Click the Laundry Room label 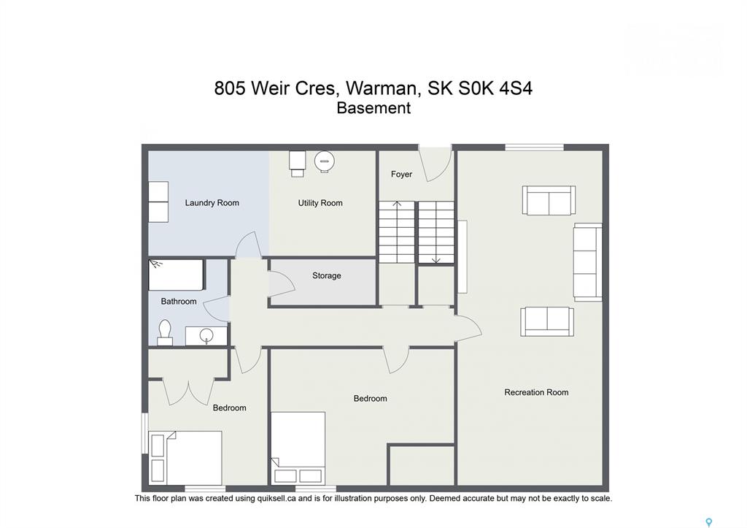coord(212,203)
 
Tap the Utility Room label coord(320,203)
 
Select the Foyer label coord(401,174)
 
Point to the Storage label coord(326,275)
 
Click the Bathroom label coord(179,302)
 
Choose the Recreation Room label coord(536,393)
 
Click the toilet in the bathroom coord(165,332)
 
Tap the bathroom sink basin coord(206,335)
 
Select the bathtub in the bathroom coord(177,275)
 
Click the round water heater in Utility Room coord(325,161)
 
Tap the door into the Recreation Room coord(468,329)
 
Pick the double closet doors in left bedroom coord(189,392)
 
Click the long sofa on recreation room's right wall coord(588,262)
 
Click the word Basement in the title coord(373,108)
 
